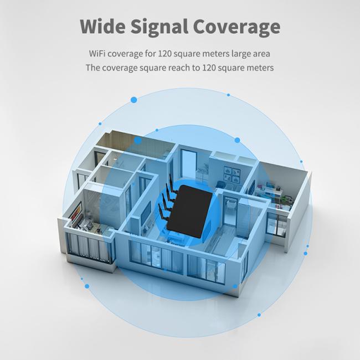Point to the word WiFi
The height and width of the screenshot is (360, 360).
pyautogui.click(x=97, y=54)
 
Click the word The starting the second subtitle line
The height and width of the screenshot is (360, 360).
pyautogui.click(x=93, y=68)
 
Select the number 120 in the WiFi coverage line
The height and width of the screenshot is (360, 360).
pyautogui.click(x=164, y=54)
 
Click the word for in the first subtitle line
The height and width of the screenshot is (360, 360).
pyautogui.click(x=150, y=54)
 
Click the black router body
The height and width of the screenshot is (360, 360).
pyautogui.click(x=192, y=212)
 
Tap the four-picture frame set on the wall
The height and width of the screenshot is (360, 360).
pyautogui.click(x=232, y=175)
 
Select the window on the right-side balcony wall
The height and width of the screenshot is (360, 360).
pyautogui.click(x=276, y=224)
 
